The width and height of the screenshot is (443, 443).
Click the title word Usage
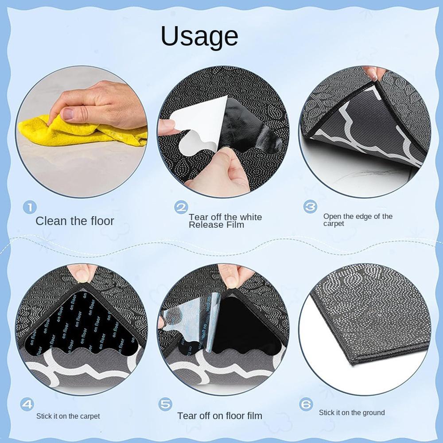[199, 37]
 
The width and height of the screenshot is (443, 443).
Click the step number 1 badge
[29, 207]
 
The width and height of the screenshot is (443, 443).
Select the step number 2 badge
[181, 207]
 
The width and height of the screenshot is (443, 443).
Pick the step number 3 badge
[310, 206]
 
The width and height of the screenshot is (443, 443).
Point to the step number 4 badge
[27, 404]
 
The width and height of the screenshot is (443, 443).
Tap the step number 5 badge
[166, 404]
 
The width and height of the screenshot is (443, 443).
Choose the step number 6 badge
[306, 404]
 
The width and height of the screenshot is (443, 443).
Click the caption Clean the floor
[75, 221]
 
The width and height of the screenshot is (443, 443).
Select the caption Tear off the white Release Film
[225, 221]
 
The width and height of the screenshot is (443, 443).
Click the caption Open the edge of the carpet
[358, 220]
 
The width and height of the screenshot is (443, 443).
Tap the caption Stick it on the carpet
[68, 416]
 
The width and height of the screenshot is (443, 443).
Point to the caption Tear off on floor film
[220, 416]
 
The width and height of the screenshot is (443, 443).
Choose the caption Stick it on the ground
[352, 412]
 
